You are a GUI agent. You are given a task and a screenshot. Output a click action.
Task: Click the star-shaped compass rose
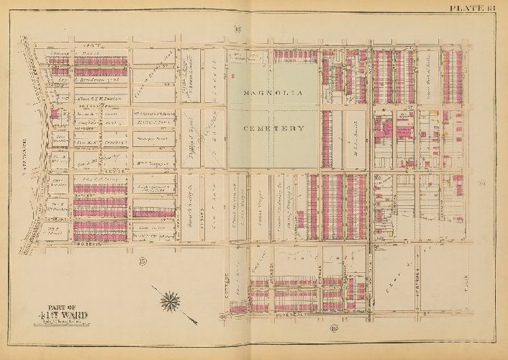pyautogui.click(x=171, y=297)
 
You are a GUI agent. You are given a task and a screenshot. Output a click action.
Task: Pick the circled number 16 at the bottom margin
pyautogui.click(x=333, y=329)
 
